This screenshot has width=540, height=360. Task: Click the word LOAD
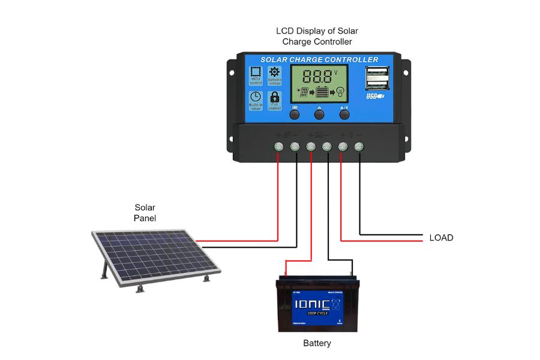441,238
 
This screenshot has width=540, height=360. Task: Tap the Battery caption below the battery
317,344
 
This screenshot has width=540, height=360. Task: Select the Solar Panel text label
145,213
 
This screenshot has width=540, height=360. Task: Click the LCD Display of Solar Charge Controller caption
317,36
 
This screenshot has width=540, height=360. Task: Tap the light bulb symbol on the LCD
340,92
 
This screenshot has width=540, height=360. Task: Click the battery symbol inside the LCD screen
323,92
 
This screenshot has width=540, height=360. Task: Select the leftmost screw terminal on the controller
279,146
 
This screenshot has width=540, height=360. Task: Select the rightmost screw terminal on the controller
359,146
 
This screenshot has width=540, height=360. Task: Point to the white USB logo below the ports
375,96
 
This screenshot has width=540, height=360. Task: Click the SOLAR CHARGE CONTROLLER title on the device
319,59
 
